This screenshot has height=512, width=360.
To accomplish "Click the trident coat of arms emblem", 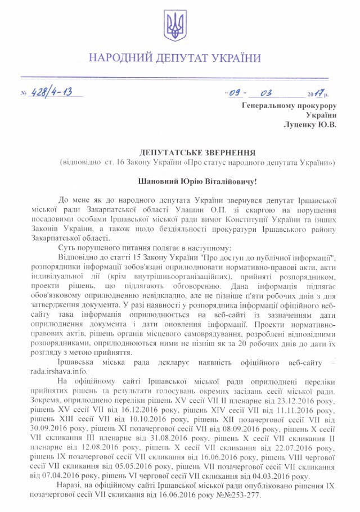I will pyautogui.click(x=174, y=26).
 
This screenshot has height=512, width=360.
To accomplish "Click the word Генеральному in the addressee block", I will pyautogui.click(x=267, y=105).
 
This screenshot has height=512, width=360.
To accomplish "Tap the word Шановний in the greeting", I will pyautogui.click(x=156, y=182).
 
